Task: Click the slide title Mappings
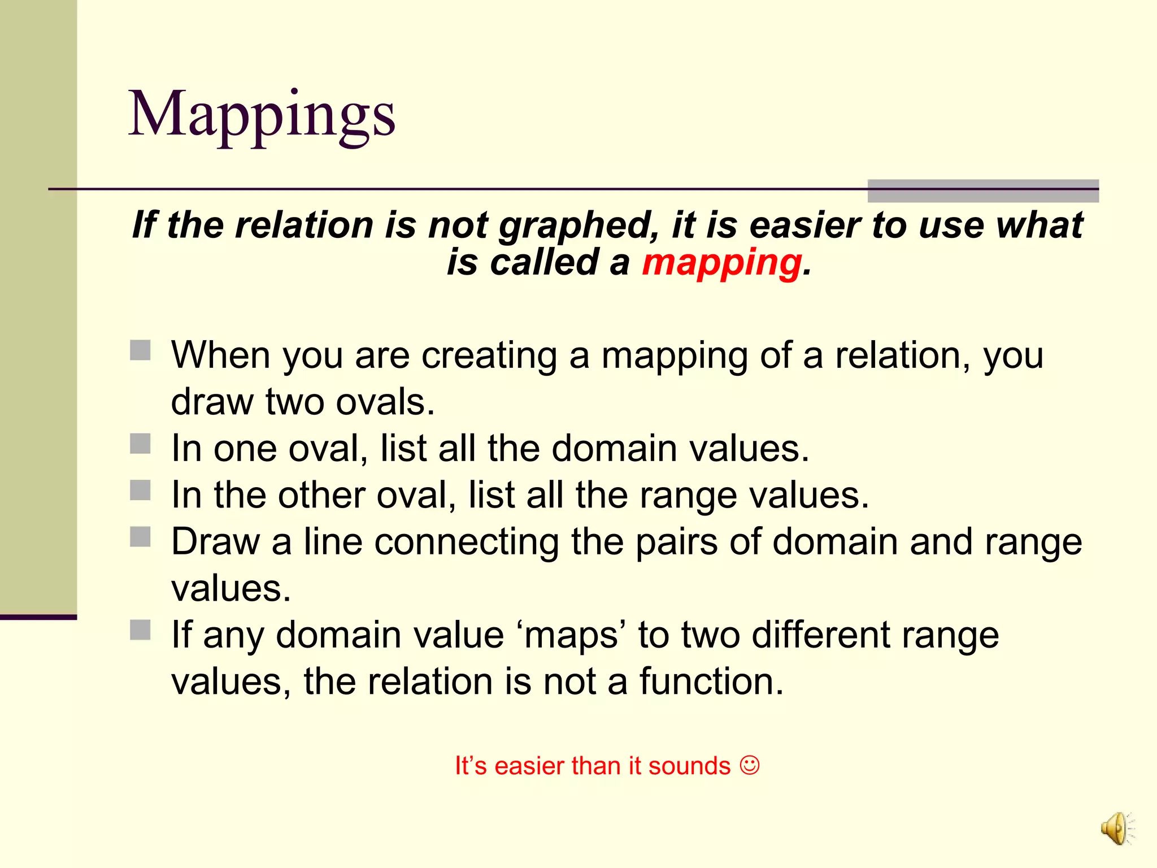(262, 115)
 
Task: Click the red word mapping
(721, 263)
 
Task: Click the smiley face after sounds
(750, 766)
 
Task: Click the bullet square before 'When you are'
(140, 350)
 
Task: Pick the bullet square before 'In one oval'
(140, 444)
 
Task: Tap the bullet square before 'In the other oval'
(140, 490)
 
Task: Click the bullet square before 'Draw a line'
(140, 537)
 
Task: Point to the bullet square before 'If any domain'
(140, 630)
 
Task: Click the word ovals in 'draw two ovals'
(385, 402)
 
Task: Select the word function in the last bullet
(711, 682)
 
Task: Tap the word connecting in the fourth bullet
(466, 542)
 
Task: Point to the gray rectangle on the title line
(982, 190)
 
